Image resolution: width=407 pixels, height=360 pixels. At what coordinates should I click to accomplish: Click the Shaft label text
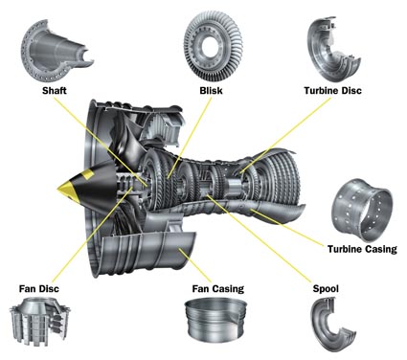[55, 91]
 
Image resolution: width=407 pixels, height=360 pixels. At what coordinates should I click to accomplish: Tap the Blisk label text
[211, 91]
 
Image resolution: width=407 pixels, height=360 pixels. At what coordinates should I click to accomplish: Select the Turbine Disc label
[332, 91]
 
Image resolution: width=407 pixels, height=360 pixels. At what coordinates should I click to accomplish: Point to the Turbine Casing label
[362, 249]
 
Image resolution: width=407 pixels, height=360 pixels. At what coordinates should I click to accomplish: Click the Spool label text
[326, 289]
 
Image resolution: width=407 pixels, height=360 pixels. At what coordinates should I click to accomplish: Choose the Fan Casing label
[218, 289]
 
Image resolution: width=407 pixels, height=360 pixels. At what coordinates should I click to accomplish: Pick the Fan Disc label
[39, 289]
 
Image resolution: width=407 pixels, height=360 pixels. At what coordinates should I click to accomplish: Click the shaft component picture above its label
[57, 51]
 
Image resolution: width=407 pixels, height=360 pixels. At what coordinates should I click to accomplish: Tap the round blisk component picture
[213, 46]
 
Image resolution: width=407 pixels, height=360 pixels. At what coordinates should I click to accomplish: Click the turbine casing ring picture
[362, 209]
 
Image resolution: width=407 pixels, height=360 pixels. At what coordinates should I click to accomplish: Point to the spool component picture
[332, 324]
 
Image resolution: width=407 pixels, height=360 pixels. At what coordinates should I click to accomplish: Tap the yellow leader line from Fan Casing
[194, 265]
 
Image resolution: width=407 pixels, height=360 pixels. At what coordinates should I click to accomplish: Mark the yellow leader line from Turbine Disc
[285, 135]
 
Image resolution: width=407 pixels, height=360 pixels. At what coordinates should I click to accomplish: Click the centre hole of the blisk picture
[211, 46]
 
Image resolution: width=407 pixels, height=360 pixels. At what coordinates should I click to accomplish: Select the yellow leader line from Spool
[259, 238]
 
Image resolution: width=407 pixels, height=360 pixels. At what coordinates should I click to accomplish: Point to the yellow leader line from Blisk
[190, 138]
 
